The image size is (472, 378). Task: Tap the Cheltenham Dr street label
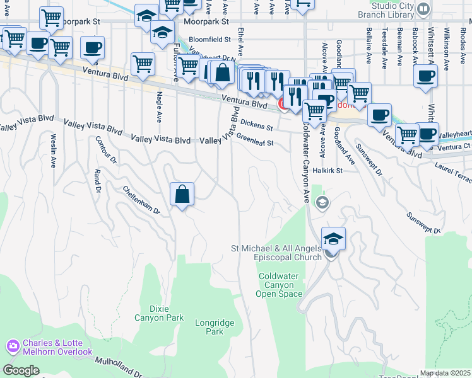point(141,200)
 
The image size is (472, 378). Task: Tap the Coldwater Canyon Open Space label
point(281,285)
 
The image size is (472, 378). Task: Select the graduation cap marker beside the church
point(333,239)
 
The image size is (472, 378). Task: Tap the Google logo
point(21,370)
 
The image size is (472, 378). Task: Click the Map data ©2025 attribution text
point(445,373)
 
